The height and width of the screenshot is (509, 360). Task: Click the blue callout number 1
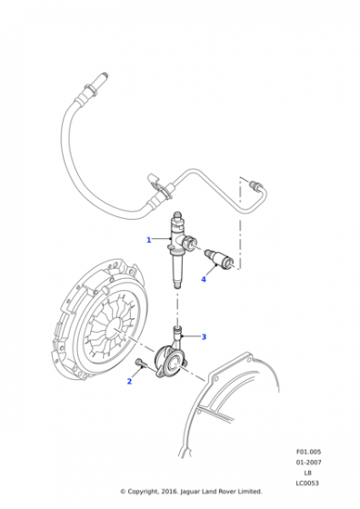(149, 240)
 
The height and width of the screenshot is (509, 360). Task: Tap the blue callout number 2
(129, 382)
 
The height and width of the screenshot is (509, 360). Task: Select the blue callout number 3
(204, 337)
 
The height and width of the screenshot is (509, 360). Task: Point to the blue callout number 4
(204, 279)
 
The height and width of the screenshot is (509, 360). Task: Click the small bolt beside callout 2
(140, 364)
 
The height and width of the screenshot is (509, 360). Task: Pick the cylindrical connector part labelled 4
(220, 258)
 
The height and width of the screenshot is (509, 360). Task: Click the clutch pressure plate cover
(100, 320)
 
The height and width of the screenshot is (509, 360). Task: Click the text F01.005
(308, 452)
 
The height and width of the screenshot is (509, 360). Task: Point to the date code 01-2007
(308, 462)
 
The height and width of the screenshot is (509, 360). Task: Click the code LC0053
(307, 483)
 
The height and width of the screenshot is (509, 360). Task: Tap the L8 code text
(308, 473)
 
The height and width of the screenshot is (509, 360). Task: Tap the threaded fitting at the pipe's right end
(255, 185)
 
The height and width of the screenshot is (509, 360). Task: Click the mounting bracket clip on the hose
(156, 184)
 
